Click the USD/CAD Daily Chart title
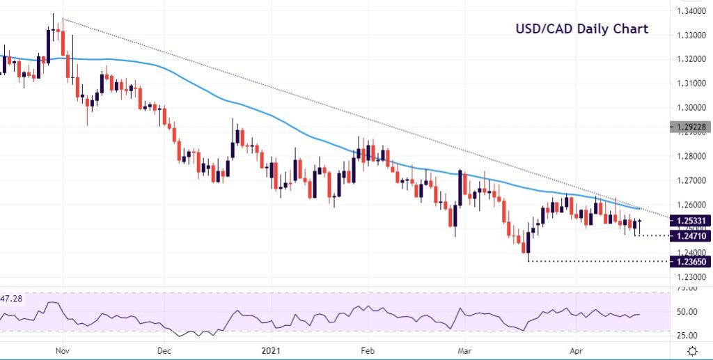click(x=581, y=29)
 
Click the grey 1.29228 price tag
click(x=690, y=127)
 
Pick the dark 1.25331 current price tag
click(x=690, y=220)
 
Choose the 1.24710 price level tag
click(x=690, y=236)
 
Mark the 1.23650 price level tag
click(x=690, y=261)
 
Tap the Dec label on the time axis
click(x=164, y=351)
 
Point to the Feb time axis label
click(x=368, y=351)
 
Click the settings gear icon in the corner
click(x=693, y=350)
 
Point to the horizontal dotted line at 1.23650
click(x=599, y=261)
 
